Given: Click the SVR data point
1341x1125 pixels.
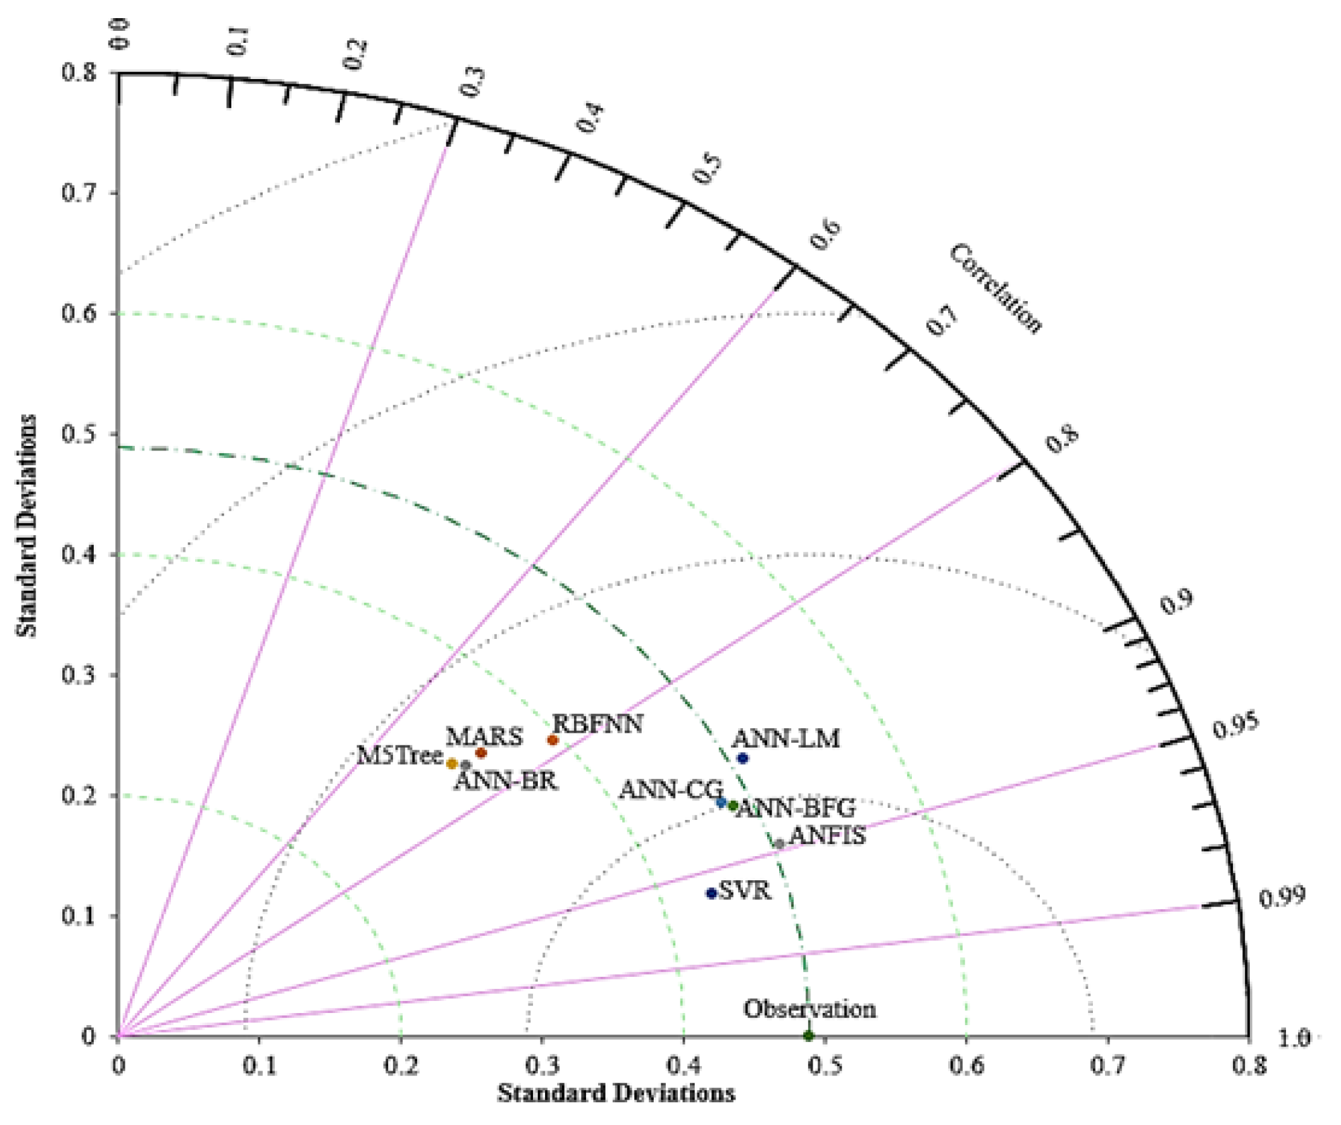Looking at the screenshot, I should pyautogui.click(x=711, y=893).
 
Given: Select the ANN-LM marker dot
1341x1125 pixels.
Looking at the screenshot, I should pyautogui.click(x=742, y=758).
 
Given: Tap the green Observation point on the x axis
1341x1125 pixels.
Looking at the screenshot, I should pyautogui.click(x=809, y=1036).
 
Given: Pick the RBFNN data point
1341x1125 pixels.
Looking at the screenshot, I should pyautogui.click(x=552, y=740).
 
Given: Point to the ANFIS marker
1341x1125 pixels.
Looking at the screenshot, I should pyautogui.click(x=779, y=844).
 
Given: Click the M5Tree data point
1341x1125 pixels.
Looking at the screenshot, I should pyautogui.click(x=452, y=764).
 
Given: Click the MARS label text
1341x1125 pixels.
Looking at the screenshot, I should pyautogui.click(x=484, y=737).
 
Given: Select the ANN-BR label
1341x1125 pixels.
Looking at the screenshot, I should pyautogui.click(x=506, y=781).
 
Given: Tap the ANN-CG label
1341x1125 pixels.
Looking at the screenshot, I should pyautogui.click(x=670, y=790).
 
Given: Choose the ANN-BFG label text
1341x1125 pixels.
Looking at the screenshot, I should pyautogui.click(x=796, y=809).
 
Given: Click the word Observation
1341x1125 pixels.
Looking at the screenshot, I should pyautogui.click(x=809, y=1009).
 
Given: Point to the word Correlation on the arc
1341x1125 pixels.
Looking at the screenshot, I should pyautogui.click(x=996, y=288).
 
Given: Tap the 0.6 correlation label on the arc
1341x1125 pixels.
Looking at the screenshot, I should pyautogui.click(x=825, y=234).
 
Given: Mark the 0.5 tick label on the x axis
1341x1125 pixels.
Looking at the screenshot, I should pyautogui.click(x=825, y=1067).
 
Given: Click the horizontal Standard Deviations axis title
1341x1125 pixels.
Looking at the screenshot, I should pyautogui.click(x=616, y=1093).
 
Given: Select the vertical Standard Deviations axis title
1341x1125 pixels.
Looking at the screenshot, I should pyautogui.click(x=27, y=526).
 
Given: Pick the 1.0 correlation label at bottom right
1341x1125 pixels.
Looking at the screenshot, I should pyautogui.click(x=1293, y=1039).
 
